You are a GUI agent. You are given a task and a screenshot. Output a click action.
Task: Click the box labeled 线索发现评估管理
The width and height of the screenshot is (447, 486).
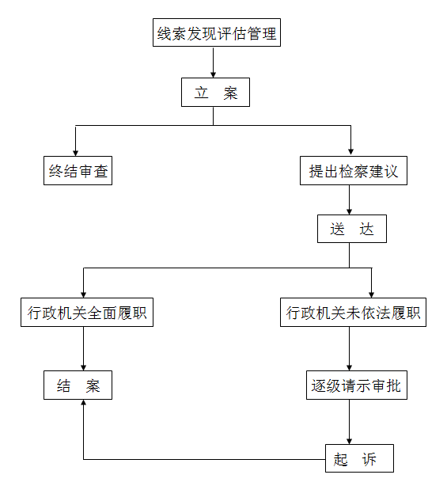click(x=217, y=32)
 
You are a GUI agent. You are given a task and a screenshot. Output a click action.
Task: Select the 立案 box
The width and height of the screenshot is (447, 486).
click(x=215, y=93)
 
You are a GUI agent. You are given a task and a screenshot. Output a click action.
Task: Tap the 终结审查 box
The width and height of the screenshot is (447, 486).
click(x=78, y=170)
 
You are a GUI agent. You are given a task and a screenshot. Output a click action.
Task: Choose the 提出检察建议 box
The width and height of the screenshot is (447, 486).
click(x=354, y=170)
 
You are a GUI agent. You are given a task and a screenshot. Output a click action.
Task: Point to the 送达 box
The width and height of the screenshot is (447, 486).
click(x=352, y=229)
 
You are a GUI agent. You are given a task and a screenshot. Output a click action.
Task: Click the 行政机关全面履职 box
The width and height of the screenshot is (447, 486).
click(x=87, y=312)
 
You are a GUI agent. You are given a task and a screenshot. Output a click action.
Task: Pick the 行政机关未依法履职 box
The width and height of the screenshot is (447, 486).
click(x=353, y=312)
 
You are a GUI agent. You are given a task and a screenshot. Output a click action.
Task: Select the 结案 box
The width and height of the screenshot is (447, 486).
click(x=78, y=385)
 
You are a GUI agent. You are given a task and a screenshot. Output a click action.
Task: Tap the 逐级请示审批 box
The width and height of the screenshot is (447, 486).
click(x=357, y=385)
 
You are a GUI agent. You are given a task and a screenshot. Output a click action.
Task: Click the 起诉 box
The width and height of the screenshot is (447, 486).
click(x=359, y=458)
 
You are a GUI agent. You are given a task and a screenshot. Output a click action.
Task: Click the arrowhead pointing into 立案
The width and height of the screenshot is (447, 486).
click(x=213, y=74)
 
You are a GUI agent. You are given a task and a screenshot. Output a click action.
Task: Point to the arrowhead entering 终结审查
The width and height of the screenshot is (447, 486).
click(x=75, y=153)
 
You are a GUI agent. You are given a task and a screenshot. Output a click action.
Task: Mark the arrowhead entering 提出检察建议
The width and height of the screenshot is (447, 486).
click(x=350, y=151)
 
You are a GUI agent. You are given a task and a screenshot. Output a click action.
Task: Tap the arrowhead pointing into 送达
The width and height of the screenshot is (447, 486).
click(x=349, y=211)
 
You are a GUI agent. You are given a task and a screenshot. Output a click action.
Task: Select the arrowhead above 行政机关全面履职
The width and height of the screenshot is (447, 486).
click(x=83, y=294)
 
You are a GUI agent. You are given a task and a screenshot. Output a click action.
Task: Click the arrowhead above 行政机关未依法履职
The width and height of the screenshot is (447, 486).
click(x=371, y=294)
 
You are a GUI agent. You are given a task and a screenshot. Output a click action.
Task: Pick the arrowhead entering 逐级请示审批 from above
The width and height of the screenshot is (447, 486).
click(x=349, y=367)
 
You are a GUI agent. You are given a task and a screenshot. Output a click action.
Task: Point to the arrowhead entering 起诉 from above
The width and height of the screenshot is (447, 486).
click(x=349, y=441)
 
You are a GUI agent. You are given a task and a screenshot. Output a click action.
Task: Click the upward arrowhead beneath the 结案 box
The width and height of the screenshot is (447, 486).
click(x=83, y=403)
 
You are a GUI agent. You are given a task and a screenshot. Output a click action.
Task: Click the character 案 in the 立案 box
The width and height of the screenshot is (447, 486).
click(x=230, y=93)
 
